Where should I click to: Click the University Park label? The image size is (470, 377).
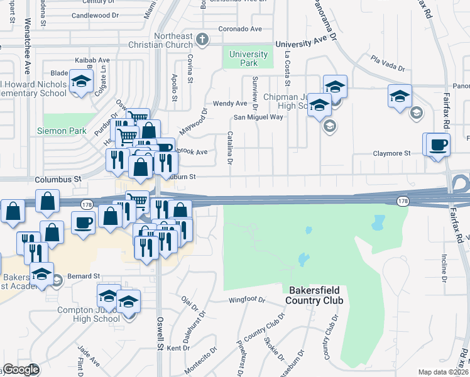(x=248, y=59)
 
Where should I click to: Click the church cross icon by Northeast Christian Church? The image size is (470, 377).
(x=202, y=40)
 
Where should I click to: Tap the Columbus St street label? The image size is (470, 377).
(x=58, y=179)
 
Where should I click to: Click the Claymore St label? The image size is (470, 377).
(x=391, y=153)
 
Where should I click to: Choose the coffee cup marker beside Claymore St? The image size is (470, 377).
(x=438, y=145)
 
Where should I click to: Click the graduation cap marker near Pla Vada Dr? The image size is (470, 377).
(x=400, y=96)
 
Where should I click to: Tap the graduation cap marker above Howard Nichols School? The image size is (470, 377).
(x=80, y=82)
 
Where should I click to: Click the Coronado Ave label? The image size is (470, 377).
(x=240, y=29)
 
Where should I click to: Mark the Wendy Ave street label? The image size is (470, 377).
(x=230, y=103)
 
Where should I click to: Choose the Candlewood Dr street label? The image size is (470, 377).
(x=95, y=14)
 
